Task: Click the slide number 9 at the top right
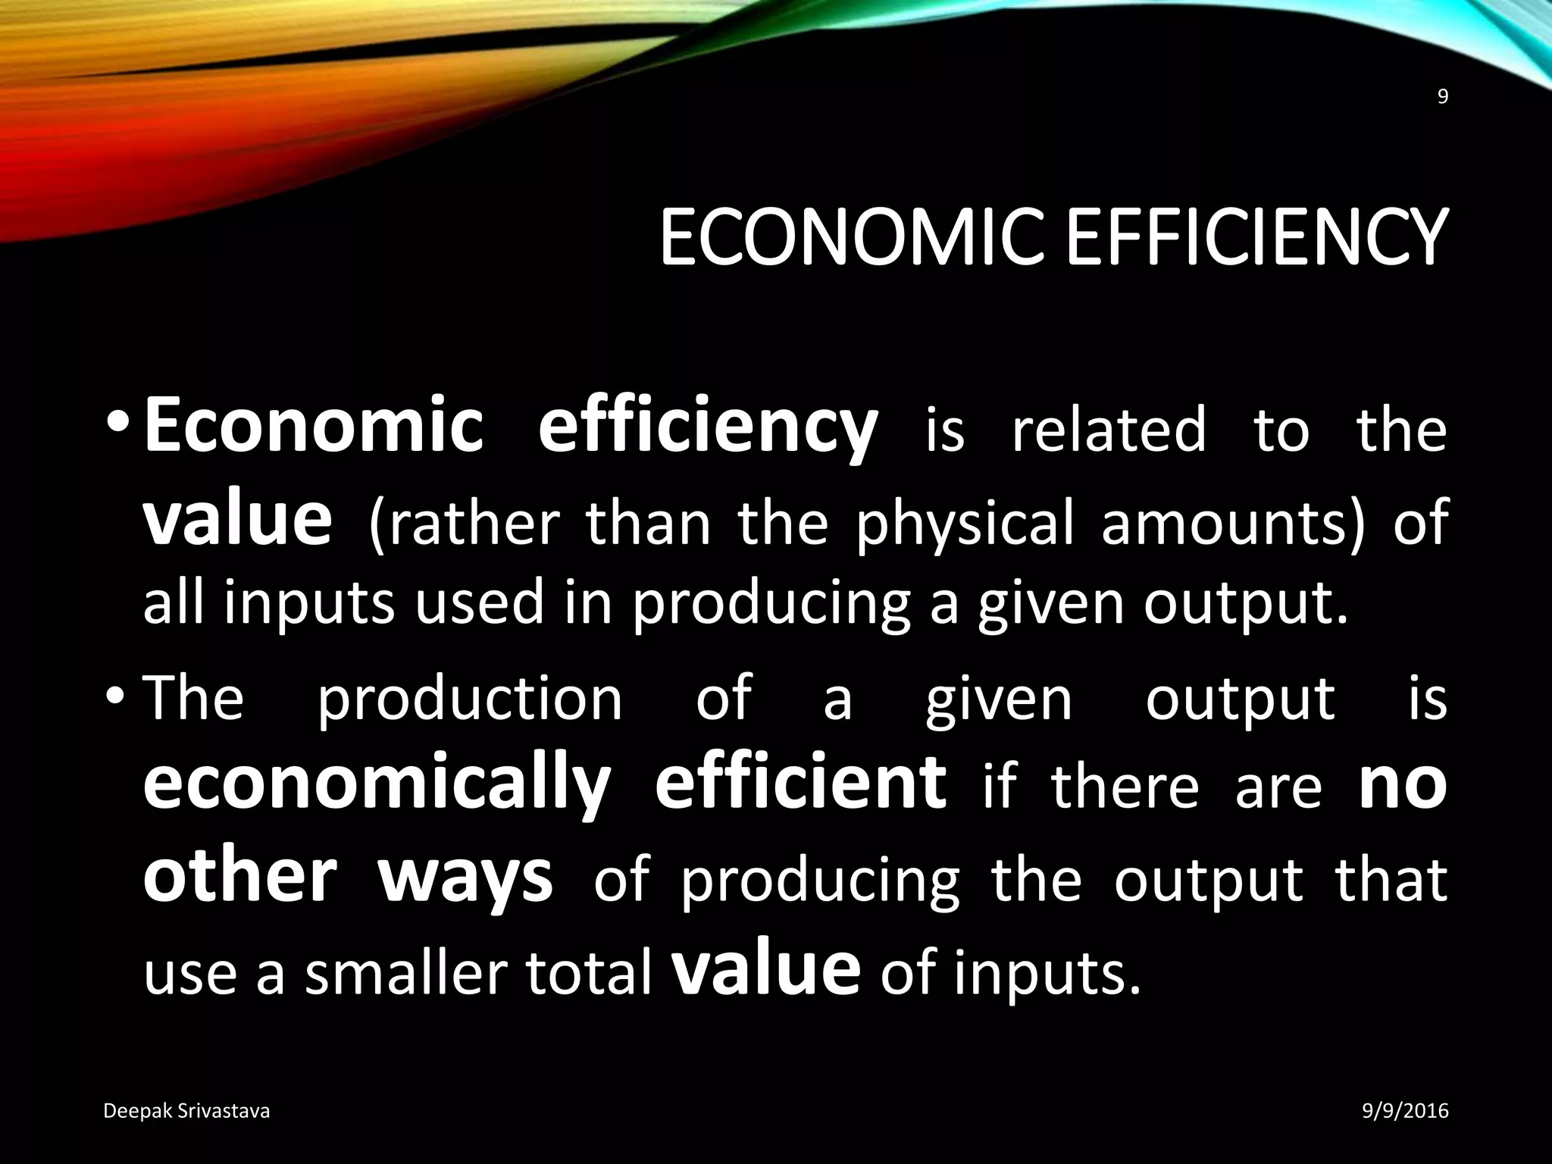coord(1442,118)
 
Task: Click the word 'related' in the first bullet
coord(1108,430)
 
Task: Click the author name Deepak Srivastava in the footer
coord(186,1111)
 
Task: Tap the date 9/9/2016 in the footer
coord(1405,1111)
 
